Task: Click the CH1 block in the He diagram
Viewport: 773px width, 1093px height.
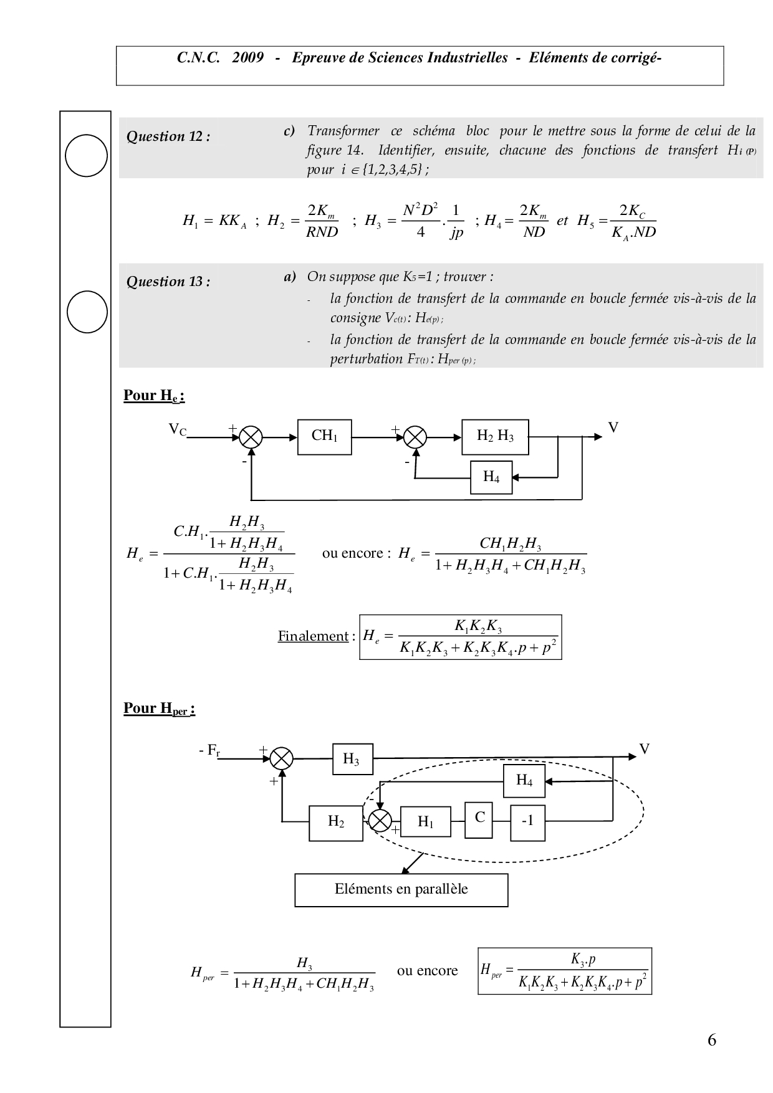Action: pos(324,437)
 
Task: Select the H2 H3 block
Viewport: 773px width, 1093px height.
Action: pos(495,437)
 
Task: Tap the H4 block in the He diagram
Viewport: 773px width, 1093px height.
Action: pos(491,477)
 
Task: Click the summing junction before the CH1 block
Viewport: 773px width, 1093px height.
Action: pos(251,437)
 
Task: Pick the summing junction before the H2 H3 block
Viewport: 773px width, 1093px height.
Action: pos(415,437)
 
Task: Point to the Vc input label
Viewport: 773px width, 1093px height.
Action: pos(177,429)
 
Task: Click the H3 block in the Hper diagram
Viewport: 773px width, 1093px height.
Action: pos(353,759)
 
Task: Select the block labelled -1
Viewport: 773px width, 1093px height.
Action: pos(527,823)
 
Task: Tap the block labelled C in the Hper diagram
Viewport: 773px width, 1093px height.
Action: pos(479,818)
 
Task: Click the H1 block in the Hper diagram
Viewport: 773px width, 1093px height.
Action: pos(426,823)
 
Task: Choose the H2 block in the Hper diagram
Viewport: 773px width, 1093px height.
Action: pos(336,823)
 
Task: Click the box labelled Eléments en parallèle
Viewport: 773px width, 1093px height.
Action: pos(401,890)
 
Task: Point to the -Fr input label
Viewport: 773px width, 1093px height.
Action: pos(209,751)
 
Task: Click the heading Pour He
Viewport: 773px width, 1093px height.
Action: pos(154,396)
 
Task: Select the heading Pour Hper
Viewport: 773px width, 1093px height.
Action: pos(159,709)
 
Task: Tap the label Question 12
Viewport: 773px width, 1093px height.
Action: pos(168,137)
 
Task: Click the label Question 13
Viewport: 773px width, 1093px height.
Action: pos(168,282)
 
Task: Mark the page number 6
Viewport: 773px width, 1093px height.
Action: pos(712,1040)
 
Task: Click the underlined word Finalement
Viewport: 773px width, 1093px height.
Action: pos(313,636)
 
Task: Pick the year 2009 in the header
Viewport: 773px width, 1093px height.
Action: pos(247,58)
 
